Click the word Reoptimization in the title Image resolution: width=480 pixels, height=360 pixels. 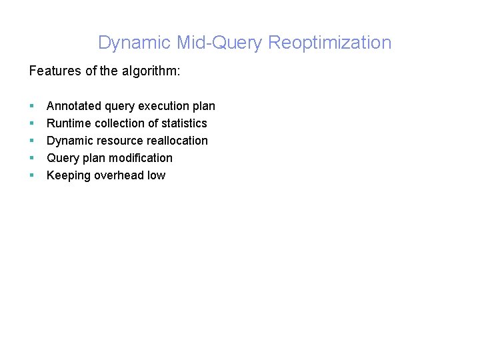tap(329, 43)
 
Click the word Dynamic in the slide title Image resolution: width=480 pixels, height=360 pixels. tap(135, 43)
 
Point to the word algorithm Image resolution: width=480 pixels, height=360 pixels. tap(149, 71)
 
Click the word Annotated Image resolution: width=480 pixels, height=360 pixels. tap(74, 106)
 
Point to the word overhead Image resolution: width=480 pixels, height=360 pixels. tap(121, 175)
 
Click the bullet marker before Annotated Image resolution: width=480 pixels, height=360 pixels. tap(31, 106)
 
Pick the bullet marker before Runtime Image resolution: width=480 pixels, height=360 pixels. tap(31, 123)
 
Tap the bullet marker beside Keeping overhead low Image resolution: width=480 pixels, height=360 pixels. tap(31, 175)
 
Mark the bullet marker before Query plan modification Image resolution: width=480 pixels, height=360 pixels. tap(31, 158)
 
